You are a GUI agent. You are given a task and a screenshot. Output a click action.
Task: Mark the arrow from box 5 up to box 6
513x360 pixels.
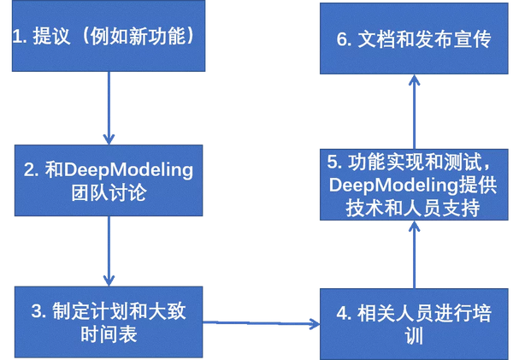[415, 111]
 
